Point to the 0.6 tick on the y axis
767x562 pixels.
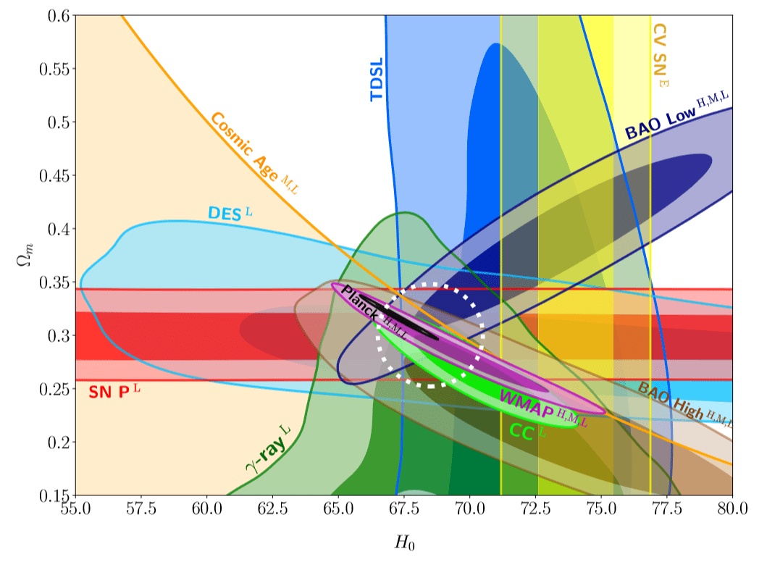point(57,16)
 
